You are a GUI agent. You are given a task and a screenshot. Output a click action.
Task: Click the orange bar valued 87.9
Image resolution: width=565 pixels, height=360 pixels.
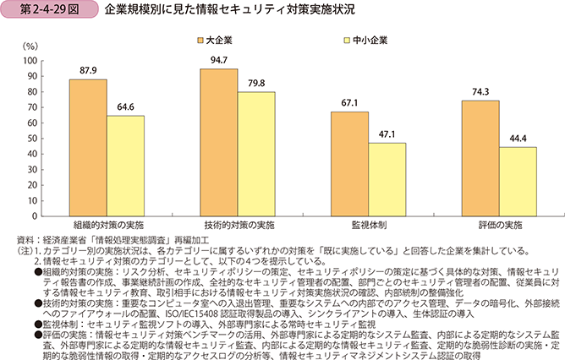point(88,148)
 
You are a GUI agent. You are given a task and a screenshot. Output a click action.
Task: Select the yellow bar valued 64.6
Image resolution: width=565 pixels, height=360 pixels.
point(125,166)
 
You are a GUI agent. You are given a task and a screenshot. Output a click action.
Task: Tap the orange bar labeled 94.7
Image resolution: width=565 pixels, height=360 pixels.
point(219,143)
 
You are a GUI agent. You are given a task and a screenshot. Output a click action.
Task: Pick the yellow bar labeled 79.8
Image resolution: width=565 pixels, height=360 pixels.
point(256,155)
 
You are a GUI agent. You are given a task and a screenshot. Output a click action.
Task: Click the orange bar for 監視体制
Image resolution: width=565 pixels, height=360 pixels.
point(350,165)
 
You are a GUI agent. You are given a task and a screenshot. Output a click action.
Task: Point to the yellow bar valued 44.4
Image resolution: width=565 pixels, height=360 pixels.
point(518,183)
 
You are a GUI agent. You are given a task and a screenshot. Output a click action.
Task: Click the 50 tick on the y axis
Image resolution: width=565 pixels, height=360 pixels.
point(33,139)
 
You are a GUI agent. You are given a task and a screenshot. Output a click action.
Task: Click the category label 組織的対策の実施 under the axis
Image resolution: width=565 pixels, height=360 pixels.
point(107,227)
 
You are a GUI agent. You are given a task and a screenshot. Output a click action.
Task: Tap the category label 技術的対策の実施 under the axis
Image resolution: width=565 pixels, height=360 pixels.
point(238,227)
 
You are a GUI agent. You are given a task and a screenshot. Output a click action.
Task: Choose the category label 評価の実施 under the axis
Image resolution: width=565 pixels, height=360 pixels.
point(499,227)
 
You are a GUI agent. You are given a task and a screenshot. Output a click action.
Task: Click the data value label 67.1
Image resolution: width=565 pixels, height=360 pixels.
point(350,103)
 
